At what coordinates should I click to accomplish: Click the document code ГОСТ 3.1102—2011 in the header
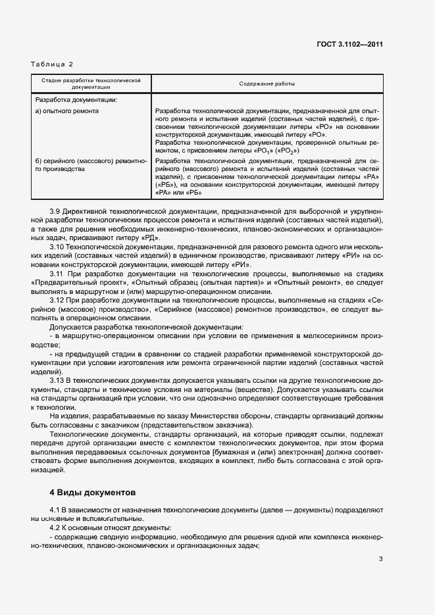click(349, 45)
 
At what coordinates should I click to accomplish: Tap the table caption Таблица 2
click(52, 64)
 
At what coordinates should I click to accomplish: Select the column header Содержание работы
click(267, 84)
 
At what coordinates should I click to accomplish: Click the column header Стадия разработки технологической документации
click(91, 84)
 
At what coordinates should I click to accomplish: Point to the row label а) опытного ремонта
click(67, 111)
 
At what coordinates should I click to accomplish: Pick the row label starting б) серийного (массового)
click(86, 160)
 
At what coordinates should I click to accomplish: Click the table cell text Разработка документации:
click(76, 100)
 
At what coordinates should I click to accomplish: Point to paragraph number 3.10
click(59, 247)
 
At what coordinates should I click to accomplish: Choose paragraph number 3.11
click(59, 273)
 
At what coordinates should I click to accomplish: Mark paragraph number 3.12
click(59, 299)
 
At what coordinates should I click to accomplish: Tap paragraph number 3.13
click(59, 380)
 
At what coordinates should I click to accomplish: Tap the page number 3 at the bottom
click(380, 560)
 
